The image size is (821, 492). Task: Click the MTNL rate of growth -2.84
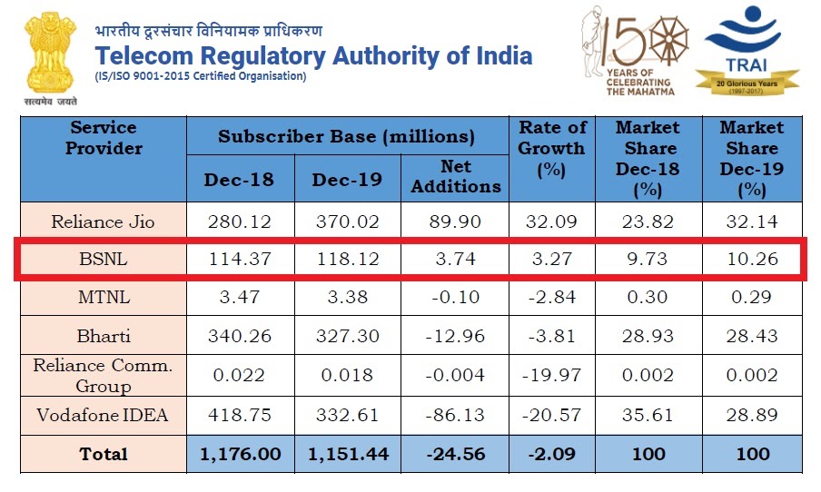(x=547, y=297)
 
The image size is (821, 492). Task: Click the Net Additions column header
(x=457, y=176)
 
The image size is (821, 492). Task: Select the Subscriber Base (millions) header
(x=346, y=137)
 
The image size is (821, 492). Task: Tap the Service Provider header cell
(x=104, y=137)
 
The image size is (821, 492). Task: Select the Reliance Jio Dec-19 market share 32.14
(x=751, y=221)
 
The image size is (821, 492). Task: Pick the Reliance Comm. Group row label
(x=104, y=375)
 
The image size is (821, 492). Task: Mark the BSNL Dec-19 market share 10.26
(x=751, y=260)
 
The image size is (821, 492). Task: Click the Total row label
(x=104, y=454)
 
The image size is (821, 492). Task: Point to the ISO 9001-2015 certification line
(x=201, y=76)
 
